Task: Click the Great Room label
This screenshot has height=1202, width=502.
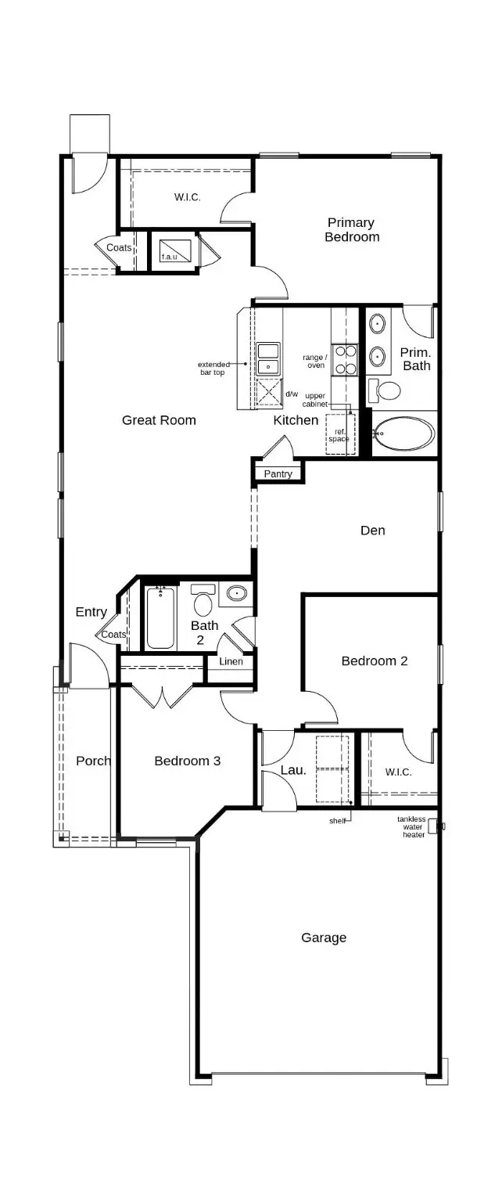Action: pos(159,420)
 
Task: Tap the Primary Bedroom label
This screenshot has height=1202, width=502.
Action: pos(352,230)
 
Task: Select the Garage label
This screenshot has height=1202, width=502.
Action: pos(324,937)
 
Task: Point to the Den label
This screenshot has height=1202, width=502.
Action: pos(372,531)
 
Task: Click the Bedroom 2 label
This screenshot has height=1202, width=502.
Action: pos(375,661)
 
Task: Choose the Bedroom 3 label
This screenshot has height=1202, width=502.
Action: pos(187,761)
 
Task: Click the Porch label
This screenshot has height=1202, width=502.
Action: pos(92,761)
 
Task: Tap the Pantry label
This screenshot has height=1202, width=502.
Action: pos(278,474)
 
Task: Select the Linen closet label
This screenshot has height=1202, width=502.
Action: pos(231,662)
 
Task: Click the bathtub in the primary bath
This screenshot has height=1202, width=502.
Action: pos(403,433)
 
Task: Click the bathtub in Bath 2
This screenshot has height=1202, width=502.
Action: pos(160,618)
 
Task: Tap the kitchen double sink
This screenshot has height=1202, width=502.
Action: pos(268,358)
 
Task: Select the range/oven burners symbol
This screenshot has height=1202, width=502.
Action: pos(346,359)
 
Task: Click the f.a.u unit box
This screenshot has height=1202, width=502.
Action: pos(170,247)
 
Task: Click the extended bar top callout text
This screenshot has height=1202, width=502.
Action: pos(212,369)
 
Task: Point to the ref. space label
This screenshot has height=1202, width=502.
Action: pos(339,435)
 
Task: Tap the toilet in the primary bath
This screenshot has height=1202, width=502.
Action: pos(385,390)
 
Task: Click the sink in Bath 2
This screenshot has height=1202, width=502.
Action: pos(235,595)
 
